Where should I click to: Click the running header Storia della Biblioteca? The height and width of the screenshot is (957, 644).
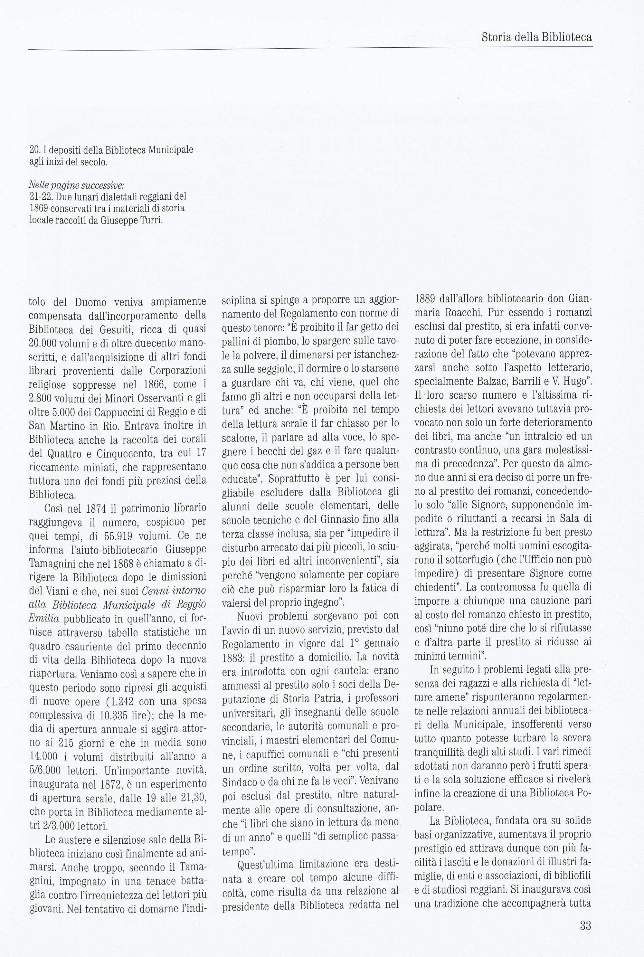click(x=536, y=37)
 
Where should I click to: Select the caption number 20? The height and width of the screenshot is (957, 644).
click(x=34, y=150)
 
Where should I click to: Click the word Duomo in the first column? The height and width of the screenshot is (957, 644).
click(x=90, y=302)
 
